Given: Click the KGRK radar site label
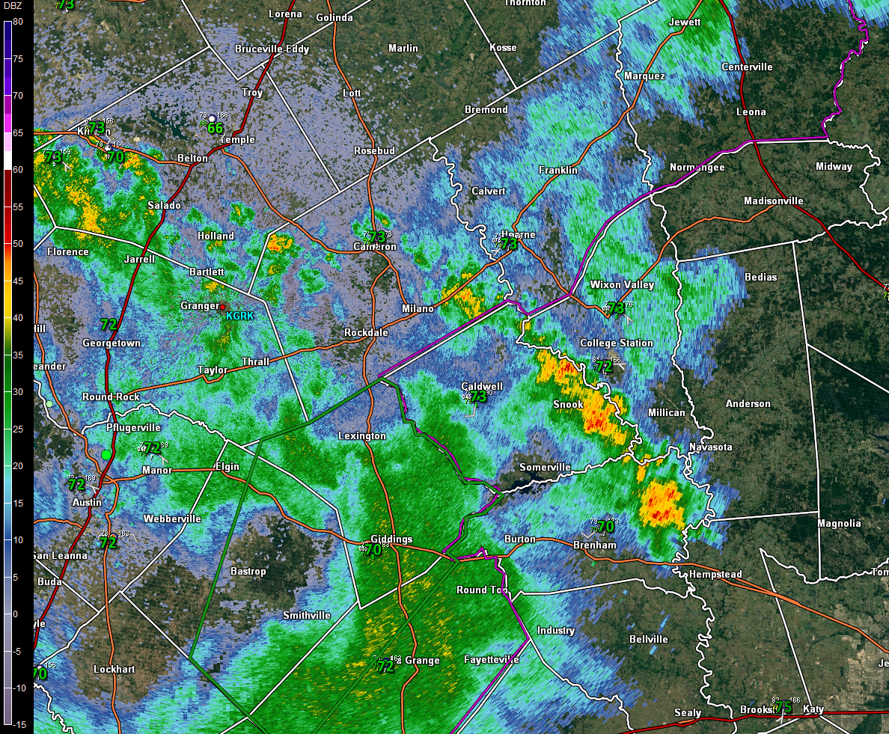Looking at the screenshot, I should [x=240, y=316].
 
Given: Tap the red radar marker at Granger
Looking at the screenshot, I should [x=222, y=307].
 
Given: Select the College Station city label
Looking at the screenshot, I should [x=617, y=343].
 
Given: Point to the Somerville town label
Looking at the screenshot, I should [x=545, y=467].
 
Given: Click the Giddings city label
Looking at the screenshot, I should [x=391, y=539].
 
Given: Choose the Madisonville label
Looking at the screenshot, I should [x=773, y=201].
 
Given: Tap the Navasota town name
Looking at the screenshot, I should [x=710, y=447].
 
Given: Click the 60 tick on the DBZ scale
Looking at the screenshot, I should [x=18, y=170].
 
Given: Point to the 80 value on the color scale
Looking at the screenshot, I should [x=18, y=22].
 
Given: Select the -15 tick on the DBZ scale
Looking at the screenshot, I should [x=18, y=724].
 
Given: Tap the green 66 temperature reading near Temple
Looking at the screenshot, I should [x=216, y=129].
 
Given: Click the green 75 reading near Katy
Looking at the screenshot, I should [x=783, y=708].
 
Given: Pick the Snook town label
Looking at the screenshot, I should [x=568, y=405].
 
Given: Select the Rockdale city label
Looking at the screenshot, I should [x=365, y=332].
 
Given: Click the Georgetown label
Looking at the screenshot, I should [x=111, y=343].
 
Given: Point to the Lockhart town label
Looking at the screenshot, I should [x=114, y=670].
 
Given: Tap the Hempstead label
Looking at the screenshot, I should [x=715, y=575].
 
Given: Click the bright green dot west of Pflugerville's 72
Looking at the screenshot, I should [x=106, y=454].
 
